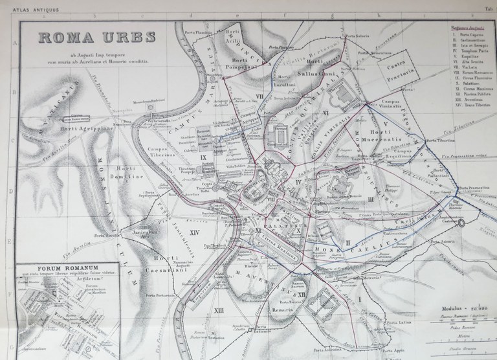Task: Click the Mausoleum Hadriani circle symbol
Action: coord(156,104)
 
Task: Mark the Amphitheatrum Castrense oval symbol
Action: coord(462,223)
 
